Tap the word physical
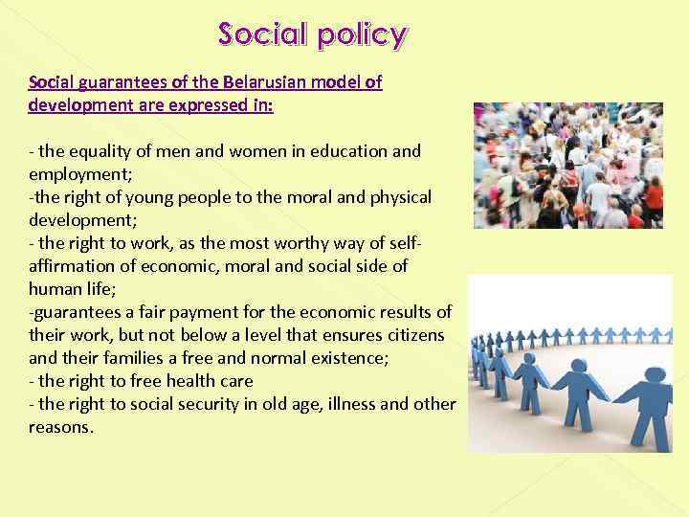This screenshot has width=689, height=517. pyautogui.click(x=392, y=196)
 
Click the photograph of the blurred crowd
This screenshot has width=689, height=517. pyautogui.click(x=567, y=166)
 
